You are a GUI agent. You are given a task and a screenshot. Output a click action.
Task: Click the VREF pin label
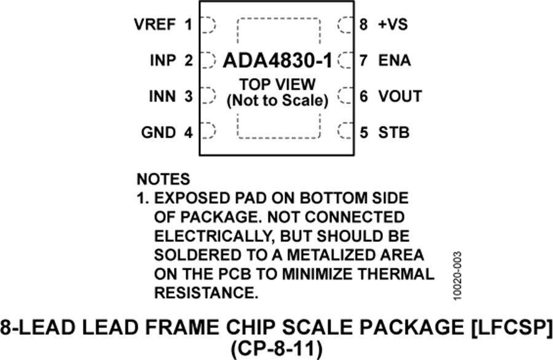coord(155,25)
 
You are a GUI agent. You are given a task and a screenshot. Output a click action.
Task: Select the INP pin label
coord(163,60)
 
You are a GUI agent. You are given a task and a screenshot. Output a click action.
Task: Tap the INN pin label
coord(162,96)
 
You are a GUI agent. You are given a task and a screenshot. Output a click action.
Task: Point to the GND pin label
coord(159,132)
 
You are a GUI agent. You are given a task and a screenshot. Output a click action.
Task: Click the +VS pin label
coord(393,25)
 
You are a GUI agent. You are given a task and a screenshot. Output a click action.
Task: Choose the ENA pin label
coord(394,60)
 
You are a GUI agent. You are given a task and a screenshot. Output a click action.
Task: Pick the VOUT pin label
coord(400,96)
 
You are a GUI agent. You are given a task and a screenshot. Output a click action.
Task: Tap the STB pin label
coord(394,132)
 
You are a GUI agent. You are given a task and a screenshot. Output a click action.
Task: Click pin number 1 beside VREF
coord(189,25)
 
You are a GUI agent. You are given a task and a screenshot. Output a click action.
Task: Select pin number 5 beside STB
coord(364,132)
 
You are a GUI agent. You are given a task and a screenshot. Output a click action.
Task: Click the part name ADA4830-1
coord(278,61)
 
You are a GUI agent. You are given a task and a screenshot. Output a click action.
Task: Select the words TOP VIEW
coord(277,84)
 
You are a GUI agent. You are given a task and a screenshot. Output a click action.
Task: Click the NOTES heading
coord(163,179)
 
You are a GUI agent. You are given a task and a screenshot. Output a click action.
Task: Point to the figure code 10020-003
coord(457,276)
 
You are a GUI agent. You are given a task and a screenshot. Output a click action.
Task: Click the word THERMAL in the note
coord(399,274)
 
